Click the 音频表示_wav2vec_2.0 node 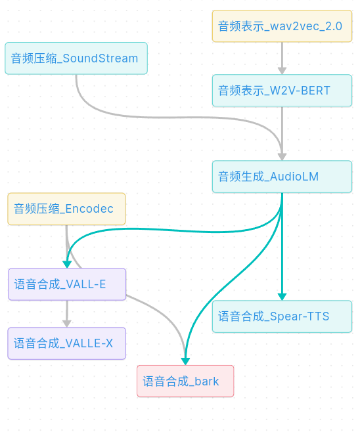point(282,26)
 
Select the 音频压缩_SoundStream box point(76,58)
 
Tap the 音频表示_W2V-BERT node point(282,91)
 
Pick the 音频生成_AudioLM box point(282,177)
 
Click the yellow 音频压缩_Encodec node point(66,209)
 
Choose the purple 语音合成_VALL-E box point(66,284)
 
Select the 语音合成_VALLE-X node point(66,343)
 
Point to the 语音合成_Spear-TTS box point(282,316)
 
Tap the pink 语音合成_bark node point(185,381)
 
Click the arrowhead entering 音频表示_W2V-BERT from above point(282,70)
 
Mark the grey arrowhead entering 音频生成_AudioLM point(282,157)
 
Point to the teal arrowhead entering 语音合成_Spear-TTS point(282,297)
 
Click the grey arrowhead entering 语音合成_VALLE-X point(66,323)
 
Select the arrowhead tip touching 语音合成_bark point(185,362)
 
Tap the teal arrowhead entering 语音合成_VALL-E point(66,265)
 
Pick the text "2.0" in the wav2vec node point(333,26)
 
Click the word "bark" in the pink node point(207,381)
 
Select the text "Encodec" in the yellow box point(89,209)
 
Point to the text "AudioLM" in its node point(294,177)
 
